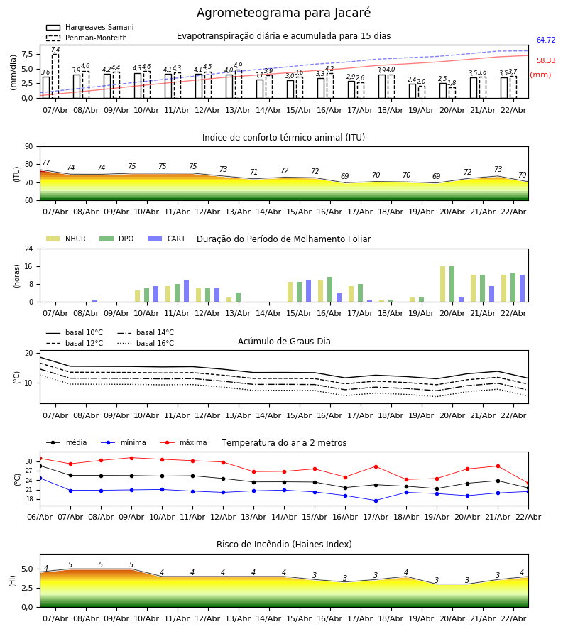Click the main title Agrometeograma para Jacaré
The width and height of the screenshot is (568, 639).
click(283, 13)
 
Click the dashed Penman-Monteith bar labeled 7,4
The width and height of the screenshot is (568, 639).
click(55, 75)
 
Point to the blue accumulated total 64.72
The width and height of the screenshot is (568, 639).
click(546, 40)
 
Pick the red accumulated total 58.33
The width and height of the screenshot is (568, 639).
click(546, 61)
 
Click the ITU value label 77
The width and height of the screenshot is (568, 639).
click(46, 163)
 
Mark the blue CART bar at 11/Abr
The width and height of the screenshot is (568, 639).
click(187, 291)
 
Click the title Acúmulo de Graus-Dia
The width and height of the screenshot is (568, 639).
click(284, 342)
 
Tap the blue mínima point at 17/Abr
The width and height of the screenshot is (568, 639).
click(376, 501)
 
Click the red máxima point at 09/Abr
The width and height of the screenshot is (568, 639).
click(131, 458)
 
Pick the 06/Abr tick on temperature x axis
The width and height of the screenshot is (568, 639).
click(40, 517)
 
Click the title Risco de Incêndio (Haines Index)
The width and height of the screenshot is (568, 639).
click(284, 545)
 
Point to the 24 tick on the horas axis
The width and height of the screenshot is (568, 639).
click(28, 249)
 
